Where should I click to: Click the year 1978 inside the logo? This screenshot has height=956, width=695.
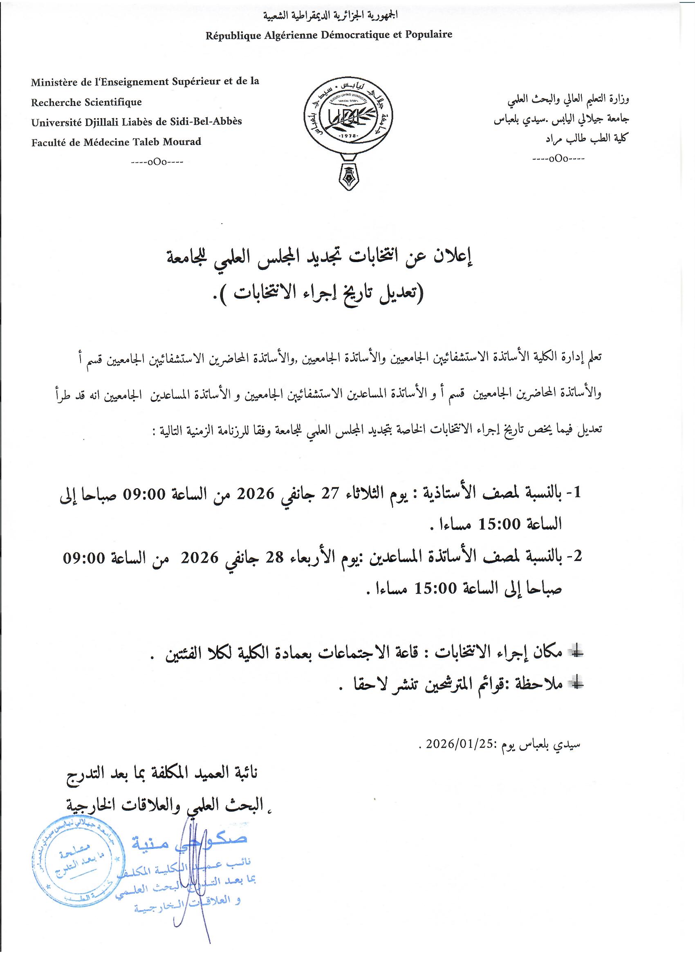[348, 137]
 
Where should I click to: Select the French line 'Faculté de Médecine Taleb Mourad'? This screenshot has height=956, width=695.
[116, 142]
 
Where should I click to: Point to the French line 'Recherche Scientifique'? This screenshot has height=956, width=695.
[86, 102]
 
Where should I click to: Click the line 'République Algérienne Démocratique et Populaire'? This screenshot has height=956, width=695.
[329, 35]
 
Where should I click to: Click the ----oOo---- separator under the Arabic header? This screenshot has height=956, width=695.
[558, 159]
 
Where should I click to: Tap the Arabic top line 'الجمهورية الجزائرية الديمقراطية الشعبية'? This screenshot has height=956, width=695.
[330, 16]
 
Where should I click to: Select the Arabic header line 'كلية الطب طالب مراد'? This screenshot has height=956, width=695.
[587, 138]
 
